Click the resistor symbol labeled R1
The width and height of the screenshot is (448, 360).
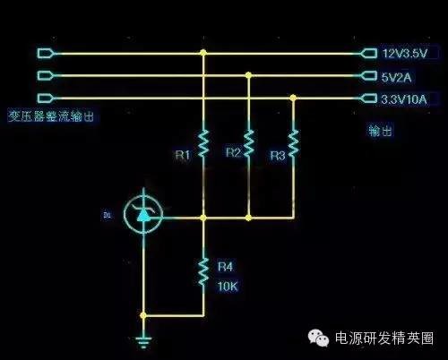[x=203, y=143]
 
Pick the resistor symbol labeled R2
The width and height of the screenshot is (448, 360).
[x=248, y=143]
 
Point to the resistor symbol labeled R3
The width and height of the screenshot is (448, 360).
[x=294, y=143]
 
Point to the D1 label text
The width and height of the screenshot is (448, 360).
[x=107, y=215]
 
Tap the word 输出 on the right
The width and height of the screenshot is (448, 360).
[x=381, y=131]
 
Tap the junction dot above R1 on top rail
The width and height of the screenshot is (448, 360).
[x=203, y=54]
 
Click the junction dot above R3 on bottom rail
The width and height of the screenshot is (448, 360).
[x=294, y=99]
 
